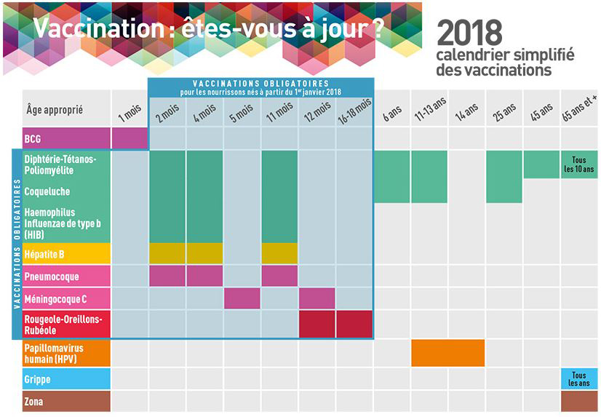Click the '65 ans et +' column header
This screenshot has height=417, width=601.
[579, 111]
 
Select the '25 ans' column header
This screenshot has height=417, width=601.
[504, 111]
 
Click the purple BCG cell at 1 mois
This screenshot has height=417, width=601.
[130, 138]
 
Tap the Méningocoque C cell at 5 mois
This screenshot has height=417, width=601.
[242, 298]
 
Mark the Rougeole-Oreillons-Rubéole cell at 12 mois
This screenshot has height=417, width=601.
[317, 324]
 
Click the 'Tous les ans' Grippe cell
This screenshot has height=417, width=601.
[579, 379]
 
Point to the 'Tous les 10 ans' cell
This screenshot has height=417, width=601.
[579, 164]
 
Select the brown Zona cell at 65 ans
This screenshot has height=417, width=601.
[579, 401]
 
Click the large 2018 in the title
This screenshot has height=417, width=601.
[469, 33]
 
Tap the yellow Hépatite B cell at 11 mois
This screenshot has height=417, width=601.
[279, 253]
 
